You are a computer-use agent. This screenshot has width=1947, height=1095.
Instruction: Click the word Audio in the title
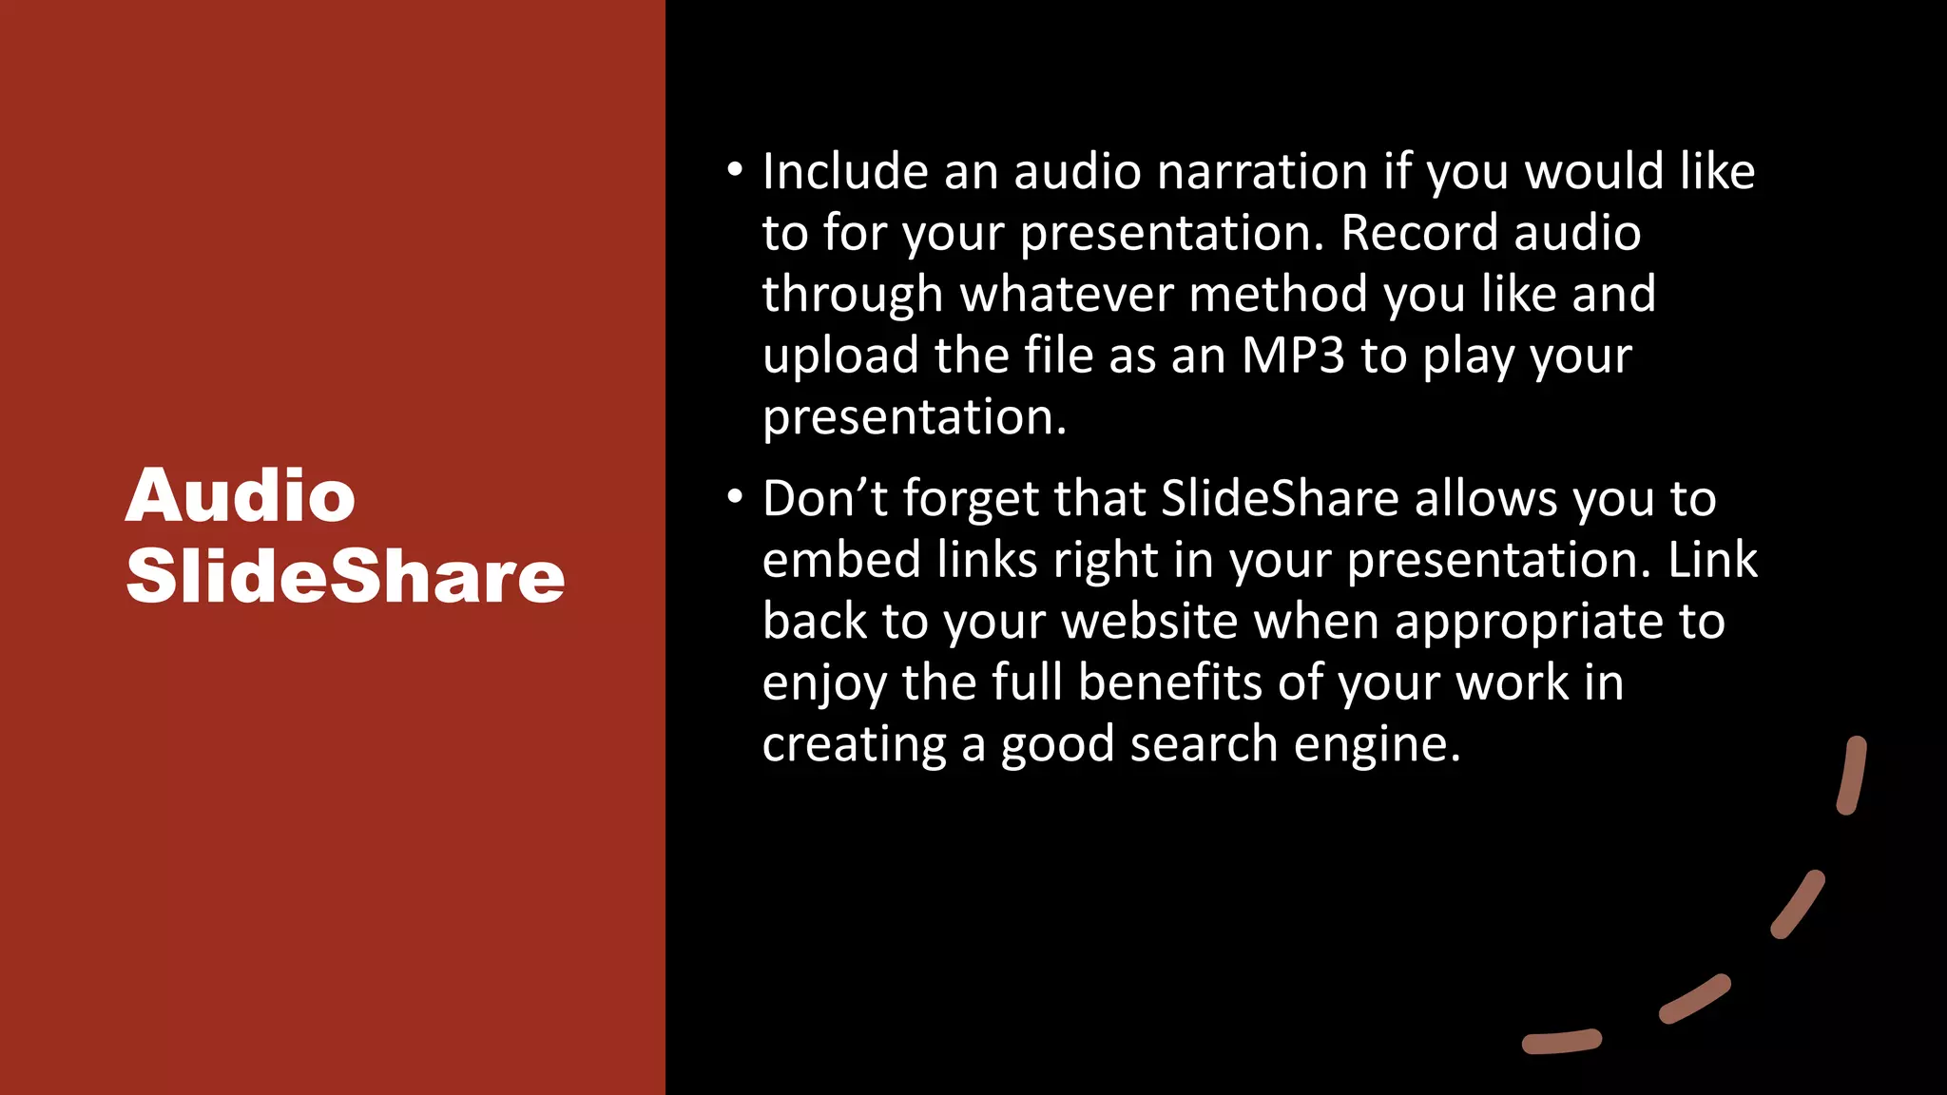pyautogui.click(x=241, y=496)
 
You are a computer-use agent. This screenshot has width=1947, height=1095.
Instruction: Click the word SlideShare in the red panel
pyautogui.click(x=345, y=576)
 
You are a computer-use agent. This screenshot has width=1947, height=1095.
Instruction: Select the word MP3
pyautogui.click(x=1293, y=355)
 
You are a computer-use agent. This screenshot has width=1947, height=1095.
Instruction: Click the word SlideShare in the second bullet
pyautogui.click(x=1280, y=498)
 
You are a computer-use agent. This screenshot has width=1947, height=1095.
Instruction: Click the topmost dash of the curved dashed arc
pyautogui.click(x=1852, y=776)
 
